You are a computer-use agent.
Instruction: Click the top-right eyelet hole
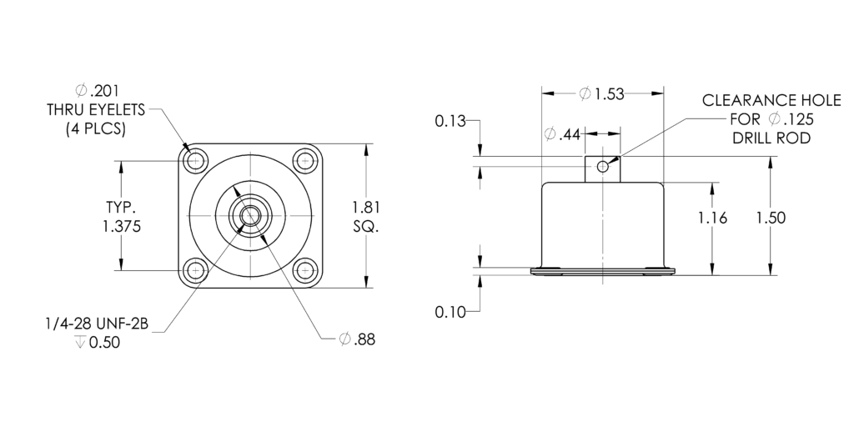click(305, 161)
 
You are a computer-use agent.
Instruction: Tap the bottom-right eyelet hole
click(305, 270)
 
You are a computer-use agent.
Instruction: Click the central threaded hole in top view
click(250, 216)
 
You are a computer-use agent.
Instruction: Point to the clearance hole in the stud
click(602, 166)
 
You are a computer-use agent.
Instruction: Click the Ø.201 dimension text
click(97, 90)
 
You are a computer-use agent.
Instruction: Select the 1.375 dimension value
click(122, 226)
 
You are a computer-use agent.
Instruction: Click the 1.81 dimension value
click(366, 208)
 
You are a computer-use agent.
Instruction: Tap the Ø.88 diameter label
click(357, 339)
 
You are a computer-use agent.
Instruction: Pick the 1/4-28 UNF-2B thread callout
click(97, 324)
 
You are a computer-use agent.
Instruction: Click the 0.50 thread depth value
click(104, 343)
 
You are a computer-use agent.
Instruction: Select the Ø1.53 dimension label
click(601, 93)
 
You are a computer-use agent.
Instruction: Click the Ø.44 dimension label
click(563, 133)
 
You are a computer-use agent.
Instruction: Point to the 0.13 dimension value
click(450, 121)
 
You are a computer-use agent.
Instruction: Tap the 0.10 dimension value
click(450, 312)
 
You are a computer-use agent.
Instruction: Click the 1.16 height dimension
click(713, 218)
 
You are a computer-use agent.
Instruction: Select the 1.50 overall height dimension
click(771, 218)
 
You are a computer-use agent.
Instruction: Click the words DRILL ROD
click(771, 138)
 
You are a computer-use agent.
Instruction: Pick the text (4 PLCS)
click(96, 129)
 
